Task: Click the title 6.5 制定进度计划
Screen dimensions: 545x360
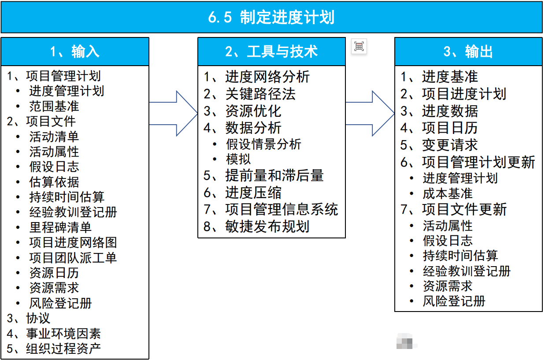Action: tap(271, 18)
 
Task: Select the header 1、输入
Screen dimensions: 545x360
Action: tap(75, 52)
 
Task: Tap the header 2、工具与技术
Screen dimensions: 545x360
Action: tap(271, 52)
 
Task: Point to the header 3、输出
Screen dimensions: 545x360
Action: tap(468, 52)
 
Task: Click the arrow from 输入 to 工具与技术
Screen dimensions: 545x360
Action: tap(174, 114)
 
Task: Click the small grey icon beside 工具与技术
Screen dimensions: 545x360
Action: tap(359, 46)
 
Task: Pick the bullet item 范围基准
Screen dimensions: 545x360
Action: tap(54, 106)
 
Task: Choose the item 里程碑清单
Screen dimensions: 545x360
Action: tap(60, 227)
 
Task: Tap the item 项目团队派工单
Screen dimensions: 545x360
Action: tap(73, 258)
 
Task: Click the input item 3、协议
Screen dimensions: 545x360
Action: tap(29, 318)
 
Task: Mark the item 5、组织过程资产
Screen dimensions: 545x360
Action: tap(54, 349)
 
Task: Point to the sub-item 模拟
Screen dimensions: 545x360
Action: tap(238, 159)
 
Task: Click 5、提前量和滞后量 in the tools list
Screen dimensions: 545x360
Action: tap(264, 175)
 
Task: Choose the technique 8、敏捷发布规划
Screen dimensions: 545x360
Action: tap(257, 226)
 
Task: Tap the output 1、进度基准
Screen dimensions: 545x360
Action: tap(439, 77)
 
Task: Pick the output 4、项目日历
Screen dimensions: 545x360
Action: tap(439, 128)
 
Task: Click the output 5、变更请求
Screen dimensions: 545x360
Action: tap(439, 145)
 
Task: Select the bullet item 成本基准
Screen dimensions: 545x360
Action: tap(448, 193)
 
